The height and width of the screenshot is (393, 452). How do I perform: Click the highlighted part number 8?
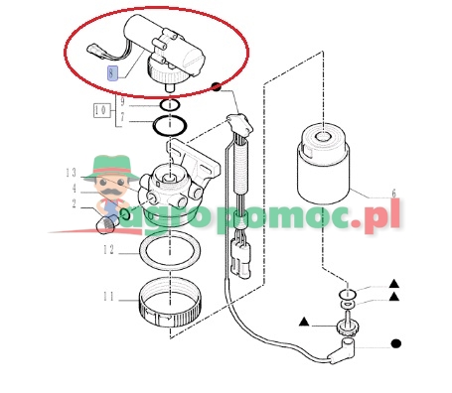(112, 73)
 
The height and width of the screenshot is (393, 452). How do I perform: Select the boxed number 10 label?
(101, 110)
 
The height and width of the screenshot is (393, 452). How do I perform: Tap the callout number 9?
(122, 101)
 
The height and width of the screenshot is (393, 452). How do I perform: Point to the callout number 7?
(122, 117)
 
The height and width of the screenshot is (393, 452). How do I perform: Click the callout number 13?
(71, 173)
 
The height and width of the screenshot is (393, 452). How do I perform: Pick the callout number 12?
(108, 250)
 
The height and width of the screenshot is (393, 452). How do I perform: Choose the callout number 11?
(108, 297)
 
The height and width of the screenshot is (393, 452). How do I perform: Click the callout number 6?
(393, 194)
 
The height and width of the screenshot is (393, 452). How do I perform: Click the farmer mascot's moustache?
(111, 193)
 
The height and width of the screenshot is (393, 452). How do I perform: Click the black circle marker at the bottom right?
(396, 343)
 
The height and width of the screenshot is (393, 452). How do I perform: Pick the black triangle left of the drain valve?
(304, 322)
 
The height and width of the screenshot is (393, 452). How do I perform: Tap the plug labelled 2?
(107, 224)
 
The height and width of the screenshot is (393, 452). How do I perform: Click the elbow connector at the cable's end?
(343, 352)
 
